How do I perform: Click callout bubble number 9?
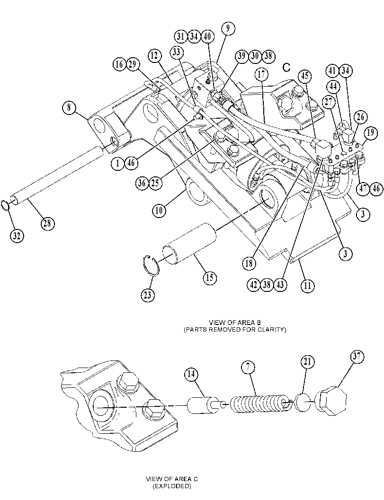tap(228, 28)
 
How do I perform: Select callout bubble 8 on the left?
tap(69, 108)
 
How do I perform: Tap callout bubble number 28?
tap(47, 223)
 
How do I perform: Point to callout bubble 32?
tap(17, 236)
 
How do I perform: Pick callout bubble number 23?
tap(147, 295)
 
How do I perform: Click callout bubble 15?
tap(210, 277)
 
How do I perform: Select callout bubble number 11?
tap(307, 285)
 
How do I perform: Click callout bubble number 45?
tap(305, 76)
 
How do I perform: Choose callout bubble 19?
tap(370, 132)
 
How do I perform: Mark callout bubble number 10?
tap(159, 210)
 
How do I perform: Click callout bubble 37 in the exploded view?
tap(357, 357)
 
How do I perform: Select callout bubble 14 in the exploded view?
tap(191, 374)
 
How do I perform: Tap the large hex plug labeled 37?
tap(330, 401)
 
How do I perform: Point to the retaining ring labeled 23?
tap(151, 264)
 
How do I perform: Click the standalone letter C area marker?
tap(286, 67)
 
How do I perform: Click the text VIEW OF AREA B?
tap(235, 322)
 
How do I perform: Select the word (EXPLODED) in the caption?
tap(172, 486)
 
